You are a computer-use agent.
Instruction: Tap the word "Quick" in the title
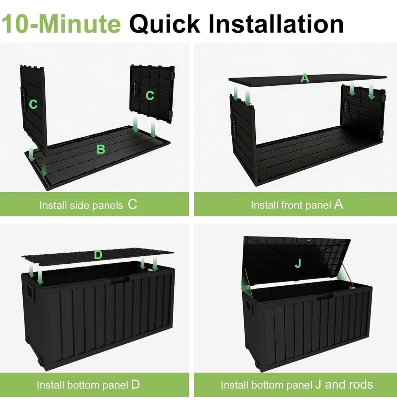[165, 24]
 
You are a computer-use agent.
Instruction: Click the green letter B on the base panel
[101, 149]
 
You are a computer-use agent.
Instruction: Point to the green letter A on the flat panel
[305, 78]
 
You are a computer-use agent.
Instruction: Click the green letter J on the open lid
[298, 264]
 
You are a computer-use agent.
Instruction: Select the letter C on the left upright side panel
[33, 104]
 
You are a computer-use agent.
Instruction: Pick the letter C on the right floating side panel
[150, 95]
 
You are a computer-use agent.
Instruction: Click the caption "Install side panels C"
[88, 205]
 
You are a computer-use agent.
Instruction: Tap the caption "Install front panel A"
[297, 205]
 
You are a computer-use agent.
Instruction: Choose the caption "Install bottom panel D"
[88, 385]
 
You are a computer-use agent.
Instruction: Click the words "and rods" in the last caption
[349, 385]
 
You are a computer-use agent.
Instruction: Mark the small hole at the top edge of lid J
[309, 240]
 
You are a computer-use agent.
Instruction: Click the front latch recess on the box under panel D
[120, 280]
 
